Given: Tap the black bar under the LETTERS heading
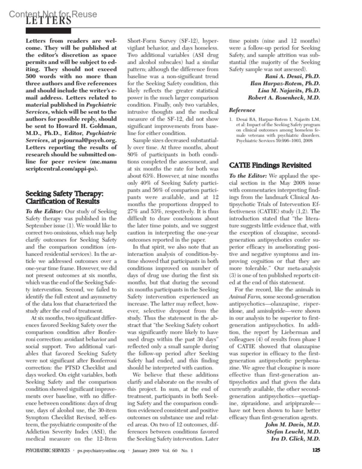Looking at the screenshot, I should point(48,31).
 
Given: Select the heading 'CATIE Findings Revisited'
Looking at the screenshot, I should point(270,165).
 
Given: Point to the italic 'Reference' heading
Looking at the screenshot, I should point(242,110).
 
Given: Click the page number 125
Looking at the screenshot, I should point(316,450).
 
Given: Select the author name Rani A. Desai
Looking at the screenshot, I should point(292,76).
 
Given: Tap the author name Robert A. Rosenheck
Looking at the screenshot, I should point(284,98).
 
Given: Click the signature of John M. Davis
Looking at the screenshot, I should point(292,425).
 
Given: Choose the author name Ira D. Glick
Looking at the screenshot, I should point(295,439).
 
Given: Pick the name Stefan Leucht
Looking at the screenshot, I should point(293,432).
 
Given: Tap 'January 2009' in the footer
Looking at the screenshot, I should point(146,451).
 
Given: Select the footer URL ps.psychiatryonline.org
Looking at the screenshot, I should point(101,451).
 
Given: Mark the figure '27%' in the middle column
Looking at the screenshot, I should point(133,211).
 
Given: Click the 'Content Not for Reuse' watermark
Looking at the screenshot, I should point(53,14).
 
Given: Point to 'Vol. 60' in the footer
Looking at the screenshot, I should point(170,451).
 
